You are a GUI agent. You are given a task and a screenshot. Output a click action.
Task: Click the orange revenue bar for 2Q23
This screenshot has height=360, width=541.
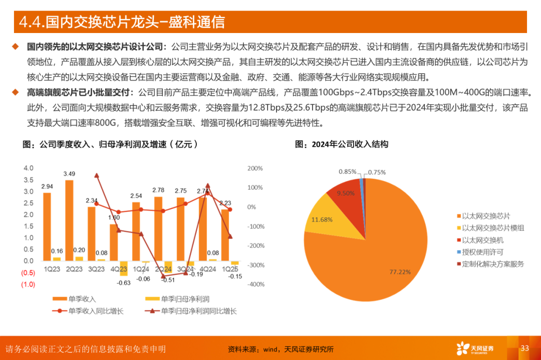69,220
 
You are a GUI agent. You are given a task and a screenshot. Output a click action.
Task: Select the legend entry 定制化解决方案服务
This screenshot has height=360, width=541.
490,264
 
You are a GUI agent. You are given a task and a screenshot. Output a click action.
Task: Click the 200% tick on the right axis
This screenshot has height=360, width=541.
255,168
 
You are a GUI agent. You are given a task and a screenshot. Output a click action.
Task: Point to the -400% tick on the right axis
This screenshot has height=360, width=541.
255,284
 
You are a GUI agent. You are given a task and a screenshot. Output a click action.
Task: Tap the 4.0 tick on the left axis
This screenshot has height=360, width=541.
28,168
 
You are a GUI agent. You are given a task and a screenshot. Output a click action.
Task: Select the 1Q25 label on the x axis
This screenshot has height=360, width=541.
231,269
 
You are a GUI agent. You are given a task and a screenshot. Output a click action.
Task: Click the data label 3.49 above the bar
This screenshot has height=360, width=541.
69,174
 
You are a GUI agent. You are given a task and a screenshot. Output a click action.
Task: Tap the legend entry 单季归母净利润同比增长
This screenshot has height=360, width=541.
198,311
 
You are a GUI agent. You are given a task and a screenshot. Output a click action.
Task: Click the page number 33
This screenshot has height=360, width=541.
525,348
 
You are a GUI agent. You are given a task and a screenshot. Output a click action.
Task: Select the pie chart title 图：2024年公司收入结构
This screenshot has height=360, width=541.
342,144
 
